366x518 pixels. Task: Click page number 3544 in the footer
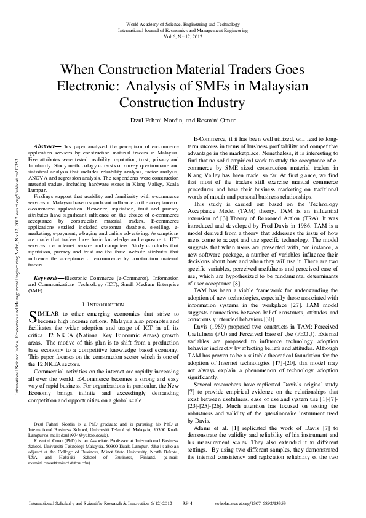click(190, 503)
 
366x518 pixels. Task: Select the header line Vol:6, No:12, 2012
click(183, 36)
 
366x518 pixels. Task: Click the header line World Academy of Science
click(183, 23)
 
